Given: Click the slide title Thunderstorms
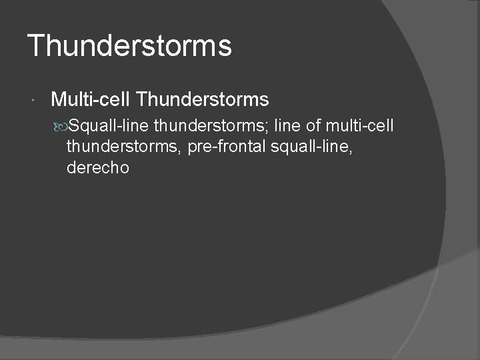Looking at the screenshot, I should (x=130, y=46).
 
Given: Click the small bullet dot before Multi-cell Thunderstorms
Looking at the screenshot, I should (x=34, y=101).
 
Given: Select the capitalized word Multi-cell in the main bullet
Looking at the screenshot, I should (x=91, y=100).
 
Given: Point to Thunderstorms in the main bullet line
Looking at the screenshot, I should (x=202, y=100).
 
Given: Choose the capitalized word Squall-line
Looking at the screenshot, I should (x=109, y=125).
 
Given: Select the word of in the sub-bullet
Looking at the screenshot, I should (x=313, y=125).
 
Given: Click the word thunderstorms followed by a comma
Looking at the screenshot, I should (x=123, y=146).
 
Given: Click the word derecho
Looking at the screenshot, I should (x=98, y=167).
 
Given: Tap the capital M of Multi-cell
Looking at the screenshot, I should (x=58, y=100).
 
